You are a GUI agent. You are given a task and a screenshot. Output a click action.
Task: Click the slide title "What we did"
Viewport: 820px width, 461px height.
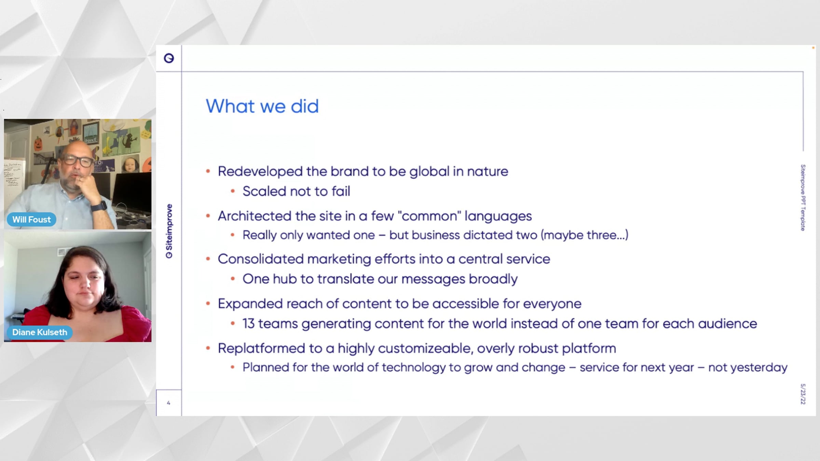coord(262,106)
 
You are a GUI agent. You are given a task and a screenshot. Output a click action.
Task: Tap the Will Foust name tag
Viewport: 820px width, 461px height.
coord(31,220)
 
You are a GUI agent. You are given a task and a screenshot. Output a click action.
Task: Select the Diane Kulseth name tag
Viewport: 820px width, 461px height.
coord(40,332)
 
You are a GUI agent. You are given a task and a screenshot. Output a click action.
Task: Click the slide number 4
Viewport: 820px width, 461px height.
coord(168,403)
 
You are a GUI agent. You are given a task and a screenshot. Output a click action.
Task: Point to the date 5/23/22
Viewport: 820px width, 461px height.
coord(803,394)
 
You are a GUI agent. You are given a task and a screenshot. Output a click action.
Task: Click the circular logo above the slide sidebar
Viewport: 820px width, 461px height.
coord(169,58)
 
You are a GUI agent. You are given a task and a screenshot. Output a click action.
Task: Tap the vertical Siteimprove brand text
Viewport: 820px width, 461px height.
coord(169,231)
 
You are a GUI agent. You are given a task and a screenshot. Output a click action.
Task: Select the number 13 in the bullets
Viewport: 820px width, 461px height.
coord(249,324)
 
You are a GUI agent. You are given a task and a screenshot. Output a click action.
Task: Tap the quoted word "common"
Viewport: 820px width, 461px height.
coord(429,216)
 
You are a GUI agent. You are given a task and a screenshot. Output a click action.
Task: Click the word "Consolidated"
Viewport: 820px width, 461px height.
coord(261,259)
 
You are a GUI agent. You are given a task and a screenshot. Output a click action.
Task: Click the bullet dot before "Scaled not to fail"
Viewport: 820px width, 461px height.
coord(233,191)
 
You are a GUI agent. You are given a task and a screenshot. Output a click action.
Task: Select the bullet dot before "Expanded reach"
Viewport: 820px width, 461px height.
coord(208,304)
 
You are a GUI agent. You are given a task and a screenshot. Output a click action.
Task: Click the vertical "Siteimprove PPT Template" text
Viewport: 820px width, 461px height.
coord(803,198)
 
